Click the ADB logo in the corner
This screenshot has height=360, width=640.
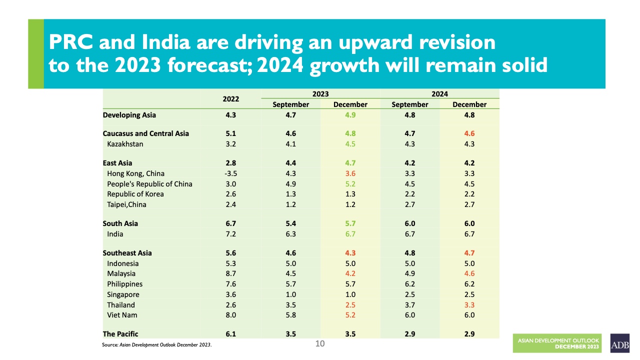(619, 343)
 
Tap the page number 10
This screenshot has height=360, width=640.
(320, 343)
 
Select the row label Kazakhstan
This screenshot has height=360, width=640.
(125, 144)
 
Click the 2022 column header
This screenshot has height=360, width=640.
(231, 99)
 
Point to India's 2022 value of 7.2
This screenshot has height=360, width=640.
(231, 234)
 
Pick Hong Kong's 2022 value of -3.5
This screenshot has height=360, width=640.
(230, 173)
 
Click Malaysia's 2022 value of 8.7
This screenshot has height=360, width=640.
(231, 273)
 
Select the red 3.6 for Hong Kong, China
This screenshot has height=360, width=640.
(350, 173)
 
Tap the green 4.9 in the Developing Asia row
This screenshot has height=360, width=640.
(350, 115)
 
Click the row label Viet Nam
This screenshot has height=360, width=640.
(122, 315)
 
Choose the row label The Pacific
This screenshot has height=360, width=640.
(120, 334)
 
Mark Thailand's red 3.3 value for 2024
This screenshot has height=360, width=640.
(469, 304)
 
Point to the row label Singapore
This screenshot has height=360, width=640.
(123, 294)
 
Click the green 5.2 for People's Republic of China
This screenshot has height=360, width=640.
(350, 184)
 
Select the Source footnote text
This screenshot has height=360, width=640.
(157, 345)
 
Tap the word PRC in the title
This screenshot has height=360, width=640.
(70, 42)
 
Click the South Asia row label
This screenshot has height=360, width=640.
(120, 223)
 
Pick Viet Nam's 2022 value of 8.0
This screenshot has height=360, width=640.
(231, 315)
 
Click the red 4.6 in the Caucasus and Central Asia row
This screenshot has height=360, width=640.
(469, 133)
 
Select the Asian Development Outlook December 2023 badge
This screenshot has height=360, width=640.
(558, 343)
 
